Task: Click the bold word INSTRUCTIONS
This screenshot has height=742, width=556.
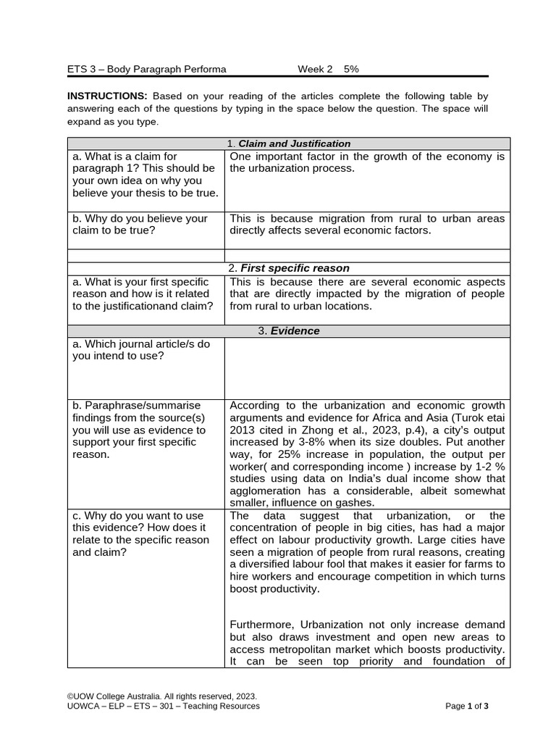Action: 107,96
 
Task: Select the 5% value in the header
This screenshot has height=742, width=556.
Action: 351,69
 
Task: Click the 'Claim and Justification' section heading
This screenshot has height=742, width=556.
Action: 294,143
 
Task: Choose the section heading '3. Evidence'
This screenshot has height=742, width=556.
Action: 289,330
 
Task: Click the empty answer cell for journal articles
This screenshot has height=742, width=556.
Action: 367,367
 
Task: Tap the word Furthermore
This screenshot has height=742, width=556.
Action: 262,625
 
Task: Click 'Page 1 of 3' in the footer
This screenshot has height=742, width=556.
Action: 467,706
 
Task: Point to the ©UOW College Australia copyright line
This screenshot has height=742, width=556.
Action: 161,695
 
